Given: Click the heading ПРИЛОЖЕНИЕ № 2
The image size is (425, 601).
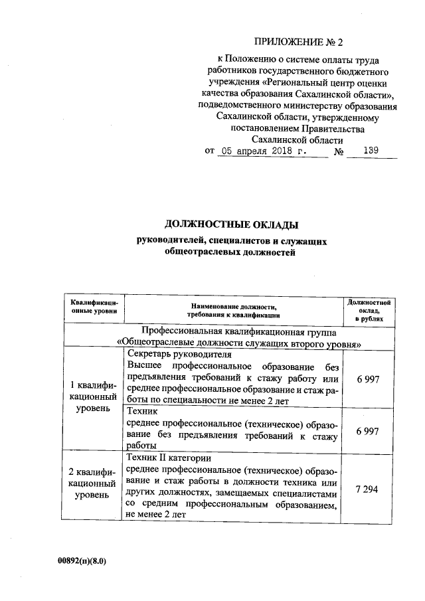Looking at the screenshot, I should click(301, 44).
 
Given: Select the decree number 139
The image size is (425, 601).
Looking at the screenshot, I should click(371, 151).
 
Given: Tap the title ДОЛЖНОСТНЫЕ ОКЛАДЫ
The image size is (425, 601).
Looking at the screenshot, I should click(228, 226).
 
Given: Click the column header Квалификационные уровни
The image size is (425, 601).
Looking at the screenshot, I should click(94, 306).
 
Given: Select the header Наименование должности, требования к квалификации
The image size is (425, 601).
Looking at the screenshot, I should click(233, 310).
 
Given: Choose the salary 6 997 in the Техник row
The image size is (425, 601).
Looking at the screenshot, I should click(367, 431).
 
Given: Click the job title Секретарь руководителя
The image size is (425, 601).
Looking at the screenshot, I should click(179, 355).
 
